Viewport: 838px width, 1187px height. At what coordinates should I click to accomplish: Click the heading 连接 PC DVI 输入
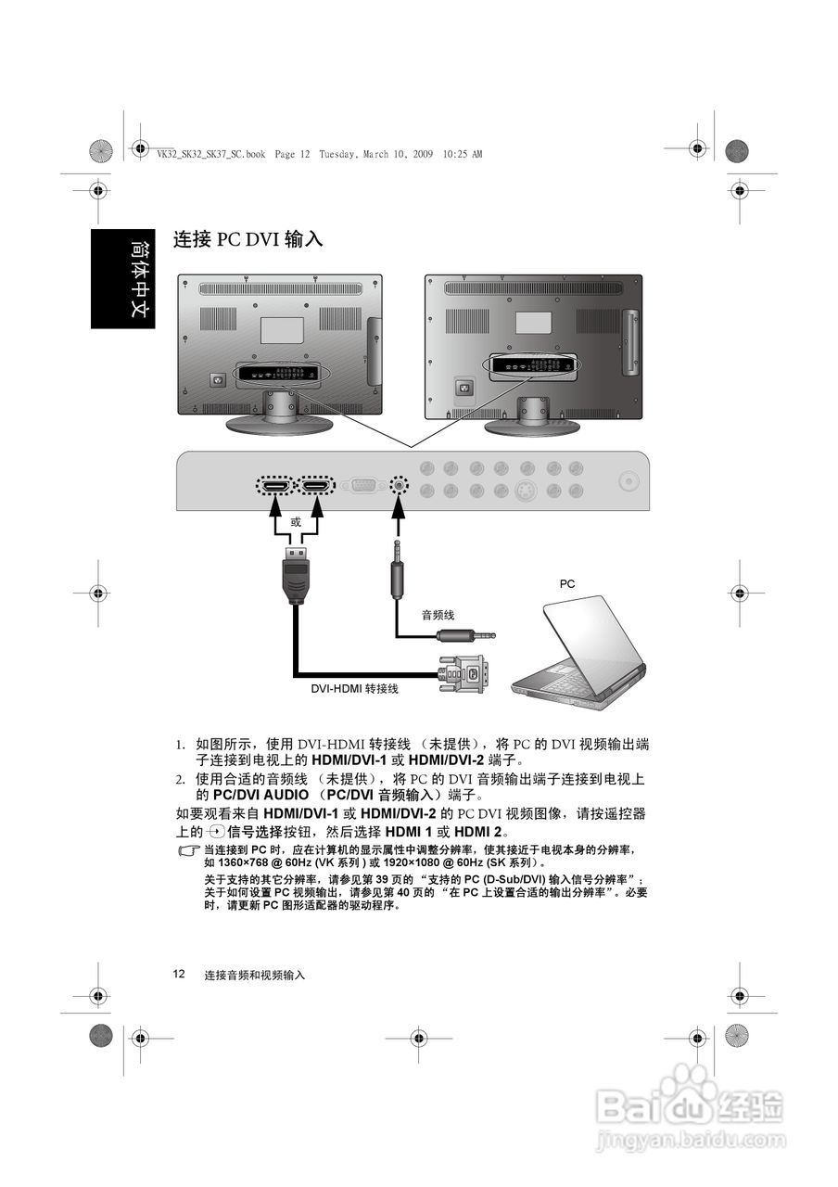(x=248, y=239)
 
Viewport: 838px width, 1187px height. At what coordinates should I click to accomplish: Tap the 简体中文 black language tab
(x=123, y=278)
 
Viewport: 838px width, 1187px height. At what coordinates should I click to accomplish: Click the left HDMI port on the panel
(x=273, y=485)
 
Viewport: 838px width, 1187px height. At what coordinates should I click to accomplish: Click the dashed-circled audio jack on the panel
(x=399, y=484)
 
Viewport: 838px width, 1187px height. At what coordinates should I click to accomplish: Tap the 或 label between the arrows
(x=296, y=522)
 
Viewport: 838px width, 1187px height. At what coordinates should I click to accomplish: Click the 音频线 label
(x=438, y=615)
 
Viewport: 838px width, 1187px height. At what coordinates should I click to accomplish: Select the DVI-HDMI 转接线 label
(x=354, y=689)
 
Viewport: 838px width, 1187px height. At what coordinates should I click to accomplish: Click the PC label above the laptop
(x=567, y=584)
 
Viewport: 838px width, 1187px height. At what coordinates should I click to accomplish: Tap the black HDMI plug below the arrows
(x=295, y=575)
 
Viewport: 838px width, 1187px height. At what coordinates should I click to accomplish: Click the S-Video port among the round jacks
(x=526, y=491)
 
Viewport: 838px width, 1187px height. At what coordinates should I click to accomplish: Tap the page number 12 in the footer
(x=179, y=974)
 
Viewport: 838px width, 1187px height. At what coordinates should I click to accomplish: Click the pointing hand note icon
(x=189, y=850)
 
